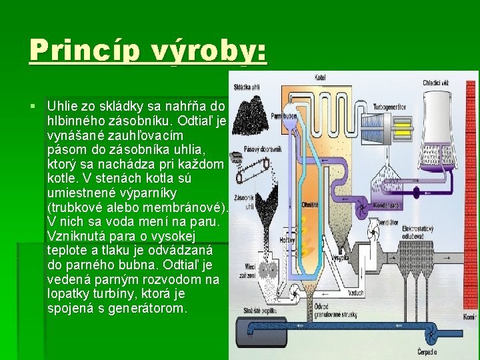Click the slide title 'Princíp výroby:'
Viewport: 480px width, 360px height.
[147, 50]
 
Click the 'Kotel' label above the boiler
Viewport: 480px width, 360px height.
[322, 78]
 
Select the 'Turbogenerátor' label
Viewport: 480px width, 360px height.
[391, 107]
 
